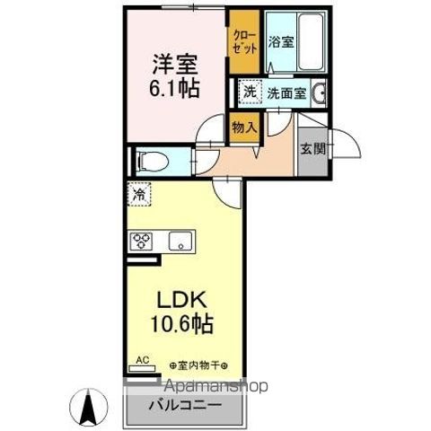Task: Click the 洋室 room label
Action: point(175,64)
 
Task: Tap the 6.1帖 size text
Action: point(174,88)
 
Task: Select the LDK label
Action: point(182,300)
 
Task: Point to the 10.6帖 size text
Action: point(181,323)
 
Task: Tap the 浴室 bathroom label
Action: point(281,42)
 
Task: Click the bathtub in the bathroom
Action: point(311,41)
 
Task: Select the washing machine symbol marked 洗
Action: point(250,92)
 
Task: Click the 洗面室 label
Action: point(286,93)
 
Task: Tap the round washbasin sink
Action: point(319,92)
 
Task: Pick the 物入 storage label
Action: point(244,128)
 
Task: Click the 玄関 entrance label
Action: point(313,149)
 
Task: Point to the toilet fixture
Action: point(152,162)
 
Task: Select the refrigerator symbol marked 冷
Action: point(139,194)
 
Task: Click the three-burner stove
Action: point(141,241)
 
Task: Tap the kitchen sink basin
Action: point(180,242)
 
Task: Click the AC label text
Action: point(143,360)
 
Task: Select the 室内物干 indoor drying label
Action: point(198,365)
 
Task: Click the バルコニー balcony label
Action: point(186,406)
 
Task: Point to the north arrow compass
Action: point(89,407)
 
